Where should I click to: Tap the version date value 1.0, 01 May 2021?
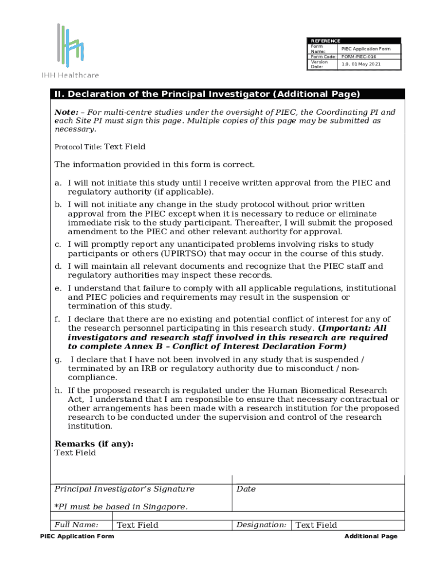click(x=360, y=64)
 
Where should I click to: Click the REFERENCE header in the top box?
click(x=325, y=41)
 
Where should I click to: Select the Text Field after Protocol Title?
click(x=125, y=147)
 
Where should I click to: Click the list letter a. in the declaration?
click(x=58, y=183)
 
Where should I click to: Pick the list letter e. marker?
click(x=58, y=288)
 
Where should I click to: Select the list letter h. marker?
click(x=58, y=390)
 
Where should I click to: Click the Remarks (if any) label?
click(x=94, y=444)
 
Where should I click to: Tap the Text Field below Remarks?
click(x=75, y=453)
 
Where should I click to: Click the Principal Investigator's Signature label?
click(x=124, y=489)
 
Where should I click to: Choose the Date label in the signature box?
click(x=246, y=489)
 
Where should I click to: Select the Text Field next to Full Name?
click(x=137, y=525)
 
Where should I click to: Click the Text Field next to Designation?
click(x=316, y=525)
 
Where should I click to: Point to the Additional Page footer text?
click(x=370, y=536)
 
